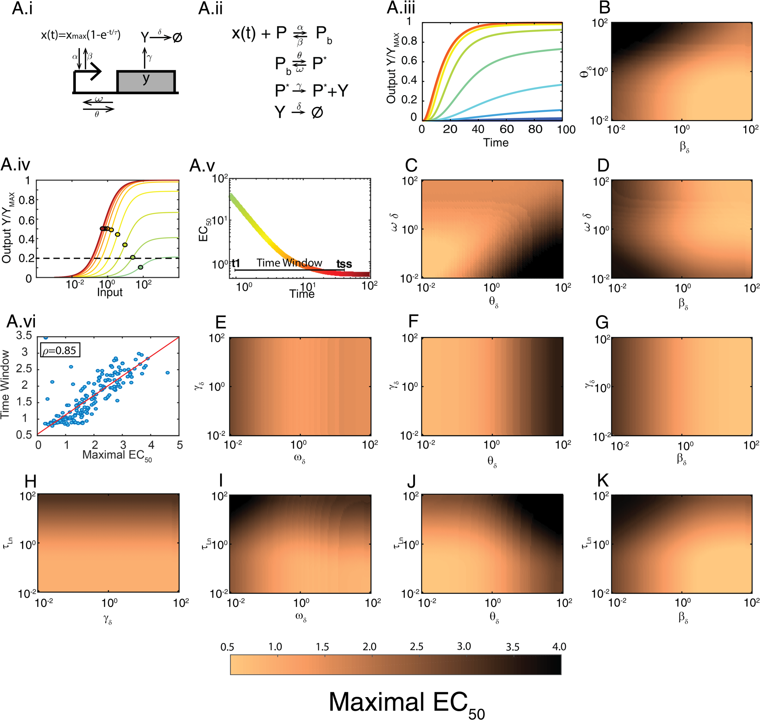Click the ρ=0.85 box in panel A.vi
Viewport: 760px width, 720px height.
[x=60, y=350]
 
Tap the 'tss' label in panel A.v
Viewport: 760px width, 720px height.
[x=344, y=264]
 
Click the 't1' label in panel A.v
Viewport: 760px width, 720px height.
[x=236, y=263]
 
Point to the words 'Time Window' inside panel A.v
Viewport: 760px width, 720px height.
[x=289, y=263]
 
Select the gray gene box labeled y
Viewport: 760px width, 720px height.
[x=146, y=82]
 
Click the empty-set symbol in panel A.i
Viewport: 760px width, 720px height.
[x=177, y=38]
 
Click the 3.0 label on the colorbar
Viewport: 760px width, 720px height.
[x=464, y=646]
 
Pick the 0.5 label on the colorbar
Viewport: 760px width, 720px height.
[x=227, y=647]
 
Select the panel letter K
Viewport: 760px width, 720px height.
[x=602, y=480]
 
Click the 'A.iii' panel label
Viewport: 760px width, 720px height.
[x=400, y=8]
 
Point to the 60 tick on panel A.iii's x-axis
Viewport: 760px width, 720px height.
[x=507, y=129]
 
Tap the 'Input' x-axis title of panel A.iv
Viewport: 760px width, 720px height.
[x=109, y=292]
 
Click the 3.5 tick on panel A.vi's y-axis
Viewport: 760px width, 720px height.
[x=24, y=336]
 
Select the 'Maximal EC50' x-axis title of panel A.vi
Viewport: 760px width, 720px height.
[x=117, y=455]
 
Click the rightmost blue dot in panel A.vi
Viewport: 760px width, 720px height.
[x=168, y=373]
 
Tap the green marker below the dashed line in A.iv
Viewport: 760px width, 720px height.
[x=140, y=267]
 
